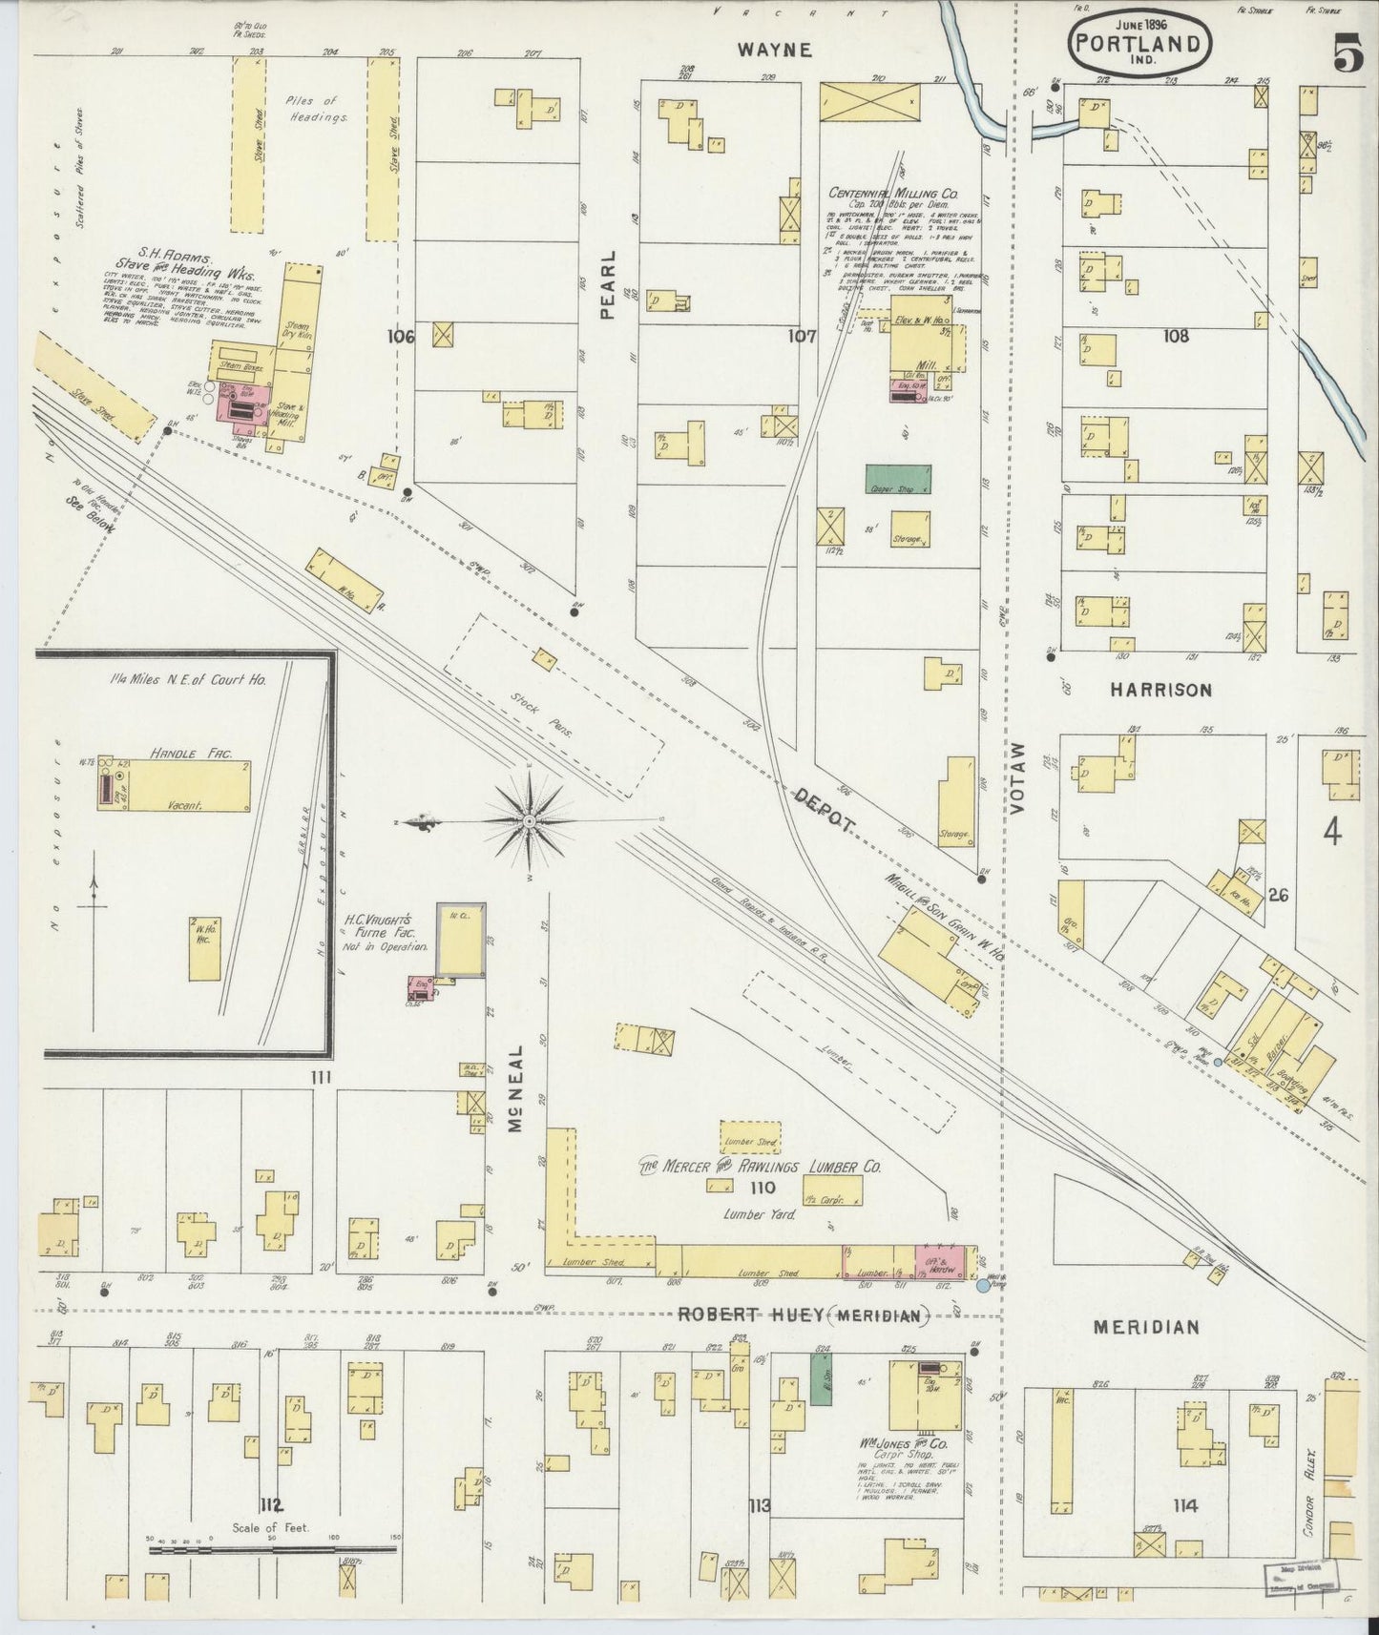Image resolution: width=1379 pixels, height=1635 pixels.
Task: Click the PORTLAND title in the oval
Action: coord(1140,44)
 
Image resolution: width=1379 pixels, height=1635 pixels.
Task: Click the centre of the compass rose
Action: coord(529,820)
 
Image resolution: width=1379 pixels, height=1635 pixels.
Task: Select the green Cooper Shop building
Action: coord(898,478)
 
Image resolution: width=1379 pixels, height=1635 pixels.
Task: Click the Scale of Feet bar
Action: coord(271,1550)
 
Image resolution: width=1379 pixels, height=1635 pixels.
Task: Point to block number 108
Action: coord(1176,335)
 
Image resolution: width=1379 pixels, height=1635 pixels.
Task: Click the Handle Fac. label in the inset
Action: coord(179,753)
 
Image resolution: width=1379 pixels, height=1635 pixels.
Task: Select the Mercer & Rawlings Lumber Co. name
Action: coord(760,1167)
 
